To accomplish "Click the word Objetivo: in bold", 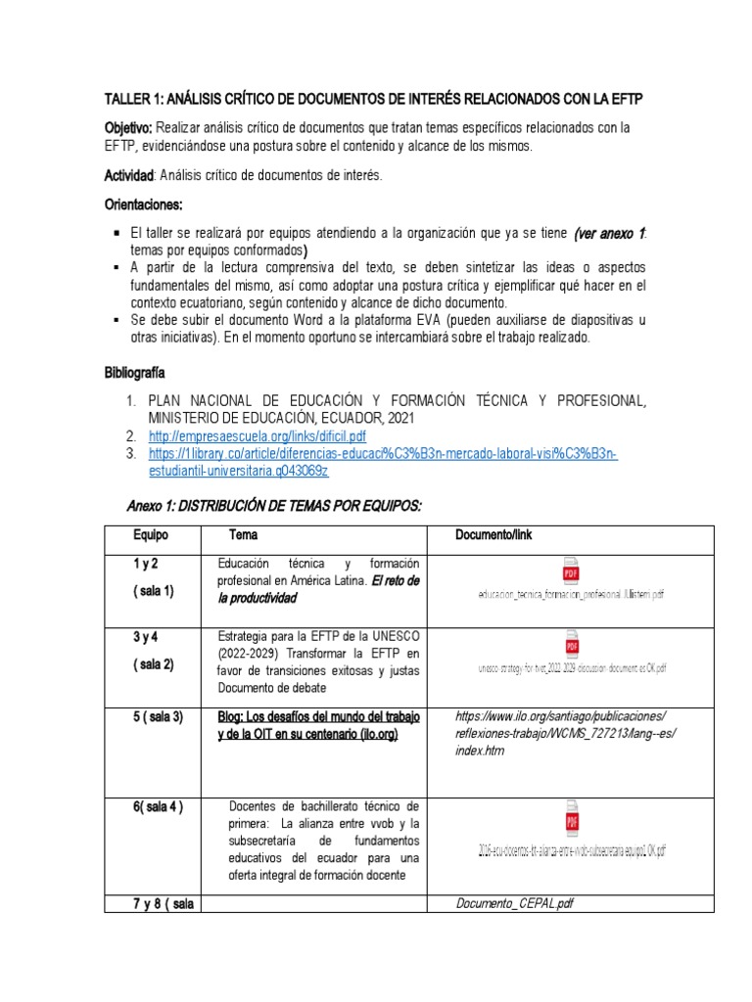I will (x=128, y=128).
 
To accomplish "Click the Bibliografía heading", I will (x=135, y=374).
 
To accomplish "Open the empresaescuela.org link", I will (x=257, y=435).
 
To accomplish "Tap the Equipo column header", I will (x=151, y=535).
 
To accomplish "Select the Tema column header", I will (x=244, y=535).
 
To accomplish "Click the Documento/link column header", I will (x=494, y=535).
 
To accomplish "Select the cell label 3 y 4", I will (x=146, y=637).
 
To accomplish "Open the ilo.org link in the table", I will (x=566, y=734).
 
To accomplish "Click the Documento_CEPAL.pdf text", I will (x=515, y=903).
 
